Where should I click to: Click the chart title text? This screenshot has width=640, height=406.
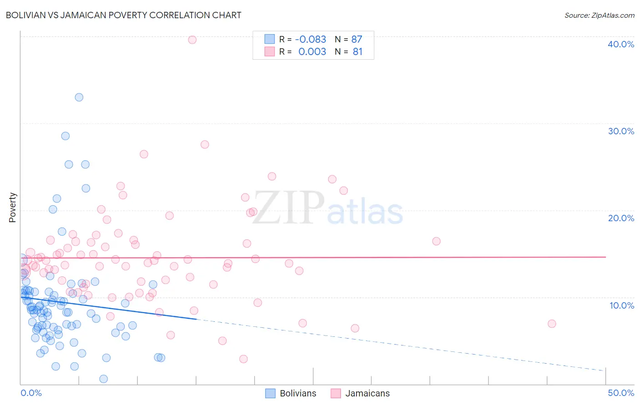[x=124, y=15]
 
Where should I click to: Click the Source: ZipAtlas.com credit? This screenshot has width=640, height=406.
[x=599, y=15]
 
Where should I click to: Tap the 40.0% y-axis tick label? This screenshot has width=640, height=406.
[x=621, y=44]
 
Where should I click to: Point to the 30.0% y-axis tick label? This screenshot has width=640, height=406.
[x=621, y=131]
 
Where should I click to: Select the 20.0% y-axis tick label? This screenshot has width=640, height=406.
[x=621, y=218]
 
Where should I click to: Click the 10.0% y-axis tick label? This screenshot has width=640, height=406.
[x=621, y=305]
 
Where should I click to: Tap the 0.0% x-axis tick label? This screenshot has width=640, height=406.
[x=31, y=393]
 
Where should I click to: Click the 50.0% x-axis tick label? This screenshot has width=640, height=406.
[x=621, y=393]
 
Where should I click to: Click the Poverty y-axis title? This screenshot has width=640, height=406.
[x=12, y=208]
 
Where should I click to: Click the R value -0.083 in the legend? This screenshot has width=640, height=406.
[x=310, y=39]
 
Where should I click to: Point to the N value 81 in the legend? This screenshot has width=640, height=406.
[x=358, y=52]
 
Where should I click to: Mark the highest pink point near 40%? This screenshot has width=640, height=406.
[x=192, y=40]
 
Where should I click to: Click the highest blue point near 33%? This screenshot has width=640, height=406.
[x=79, y=97]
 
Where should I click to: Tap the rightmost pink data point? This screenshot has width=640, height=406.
[x=552, y=324]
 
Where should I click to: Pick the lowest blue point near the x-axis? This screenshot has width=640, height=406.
[x=103, y=379]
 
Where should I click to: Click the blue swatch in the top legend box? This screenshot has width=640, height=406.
[x=269, y=39]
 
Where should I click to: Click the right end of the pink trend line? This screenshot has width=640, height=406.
[x=605, y=257]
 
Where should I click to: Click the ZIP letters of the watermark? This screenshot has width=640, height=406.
[x=288, y=208]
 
